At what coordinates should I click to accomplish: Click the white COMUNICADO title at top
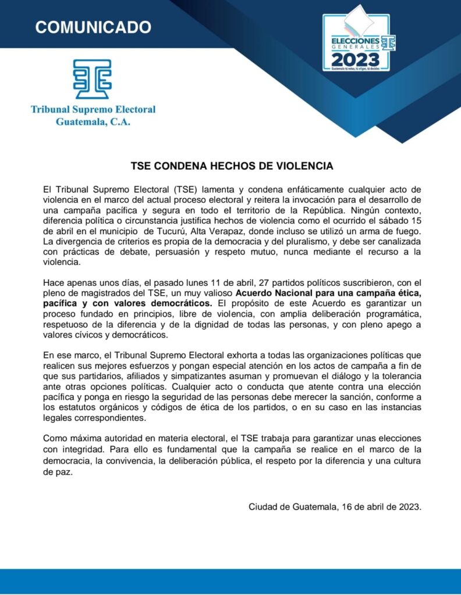tap(93, 27)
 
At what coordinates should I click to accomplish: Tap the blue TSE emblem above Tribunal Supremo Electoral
tap(93, 78)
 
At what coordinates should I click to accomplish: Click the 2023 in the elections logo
tap(355, 59)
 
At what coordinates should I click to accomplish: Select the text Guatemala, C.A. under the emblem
tap(93, 122)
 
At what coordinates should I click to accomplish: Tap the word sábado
tap(384, 221)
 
